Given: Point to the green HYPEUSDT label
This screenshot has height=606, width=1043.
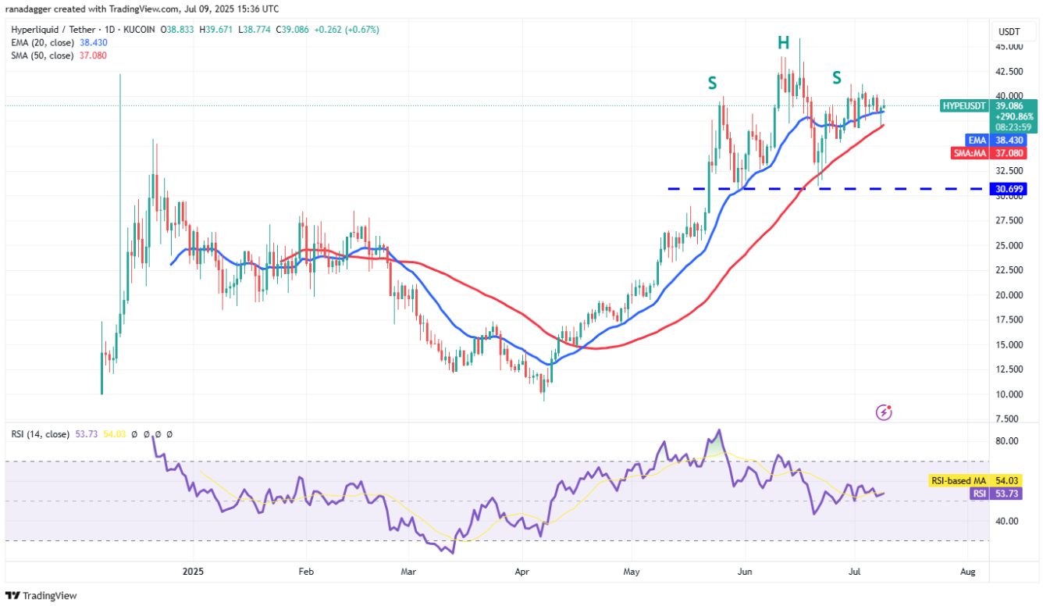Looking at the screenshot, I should pos(964,105).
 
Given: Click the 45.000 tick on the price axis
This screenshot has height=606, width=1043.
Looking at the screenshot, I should pos(1009,46).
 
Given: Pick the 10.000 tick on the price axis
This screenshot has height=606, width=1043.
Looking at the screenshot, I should pos(1009,394).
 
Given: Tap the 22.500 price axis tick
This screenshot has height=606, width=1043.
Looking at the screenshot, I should pos(1009,270).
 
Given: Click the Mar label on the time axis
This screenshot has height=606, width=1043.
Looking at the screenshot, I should pos(409,572).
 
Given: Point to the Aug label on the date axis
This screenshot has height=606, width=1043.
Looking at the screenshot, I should pos(968,572).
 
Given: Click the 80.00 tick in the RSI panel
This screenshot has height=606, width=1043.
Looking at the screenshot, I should pos(1007,440).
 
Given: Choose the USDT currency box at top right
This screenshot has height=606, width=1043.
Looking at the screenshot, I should pos(1009,32).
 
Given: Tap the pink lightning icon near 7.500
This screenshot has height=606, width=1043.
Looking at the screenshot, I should pos(885,412).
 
